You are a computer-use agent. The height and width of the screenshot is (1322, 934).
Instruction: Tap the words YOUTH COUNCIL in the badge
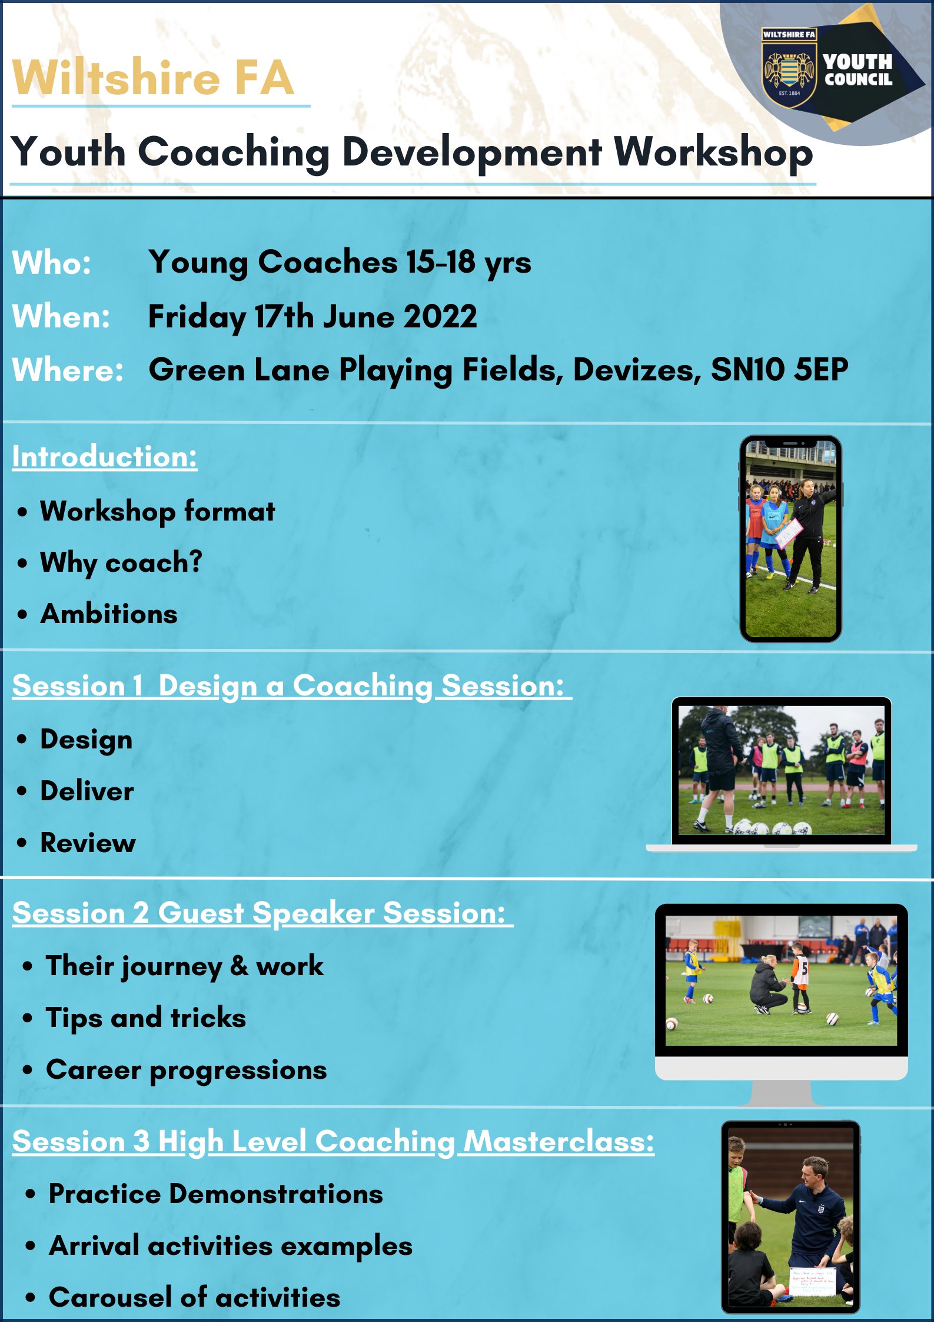[858, 70]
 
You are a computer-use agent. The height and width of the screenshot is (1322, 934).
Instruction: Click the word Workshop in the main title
[713, 153]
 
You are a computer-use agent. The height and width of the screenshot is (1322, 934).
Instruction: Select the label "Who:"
[52, 263]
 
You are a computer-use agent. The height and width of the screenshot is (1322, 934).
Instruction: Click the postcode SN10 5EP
[779, 370]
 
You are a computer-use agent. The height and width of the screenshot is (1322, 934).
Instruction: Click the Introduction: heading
[105, 457]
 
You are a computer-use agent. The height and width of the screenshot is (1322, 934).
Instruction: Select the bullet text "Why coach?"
[121, 563]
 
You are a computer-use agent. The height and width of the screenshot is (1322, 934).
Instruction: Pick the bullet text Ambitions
[109, 614]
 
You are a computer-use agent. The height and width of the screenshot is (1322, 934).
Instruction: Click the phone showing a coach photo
[790, 539]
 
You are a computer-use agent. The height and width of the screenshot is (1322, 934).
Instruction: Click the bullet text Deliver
[87, 791]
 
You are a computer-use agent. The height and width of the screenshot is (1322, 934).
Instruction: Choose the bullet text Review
[88, 843]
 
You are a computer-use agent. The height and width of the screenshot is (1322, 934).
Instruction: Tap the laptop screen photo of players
[781, 770]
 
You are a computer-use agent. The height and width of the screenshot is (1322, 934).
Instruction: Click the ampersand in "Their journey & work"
[238, 966]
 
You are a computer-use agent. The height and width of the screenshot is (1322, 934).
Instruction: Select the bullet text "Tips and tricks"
[146, 1018]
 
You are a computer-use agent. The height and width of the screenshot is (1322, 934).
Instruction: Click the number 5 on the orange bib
[805, 969]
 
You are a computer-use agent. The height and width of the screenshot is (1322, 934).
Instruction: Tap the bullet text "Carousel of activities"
[194, 1297]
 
